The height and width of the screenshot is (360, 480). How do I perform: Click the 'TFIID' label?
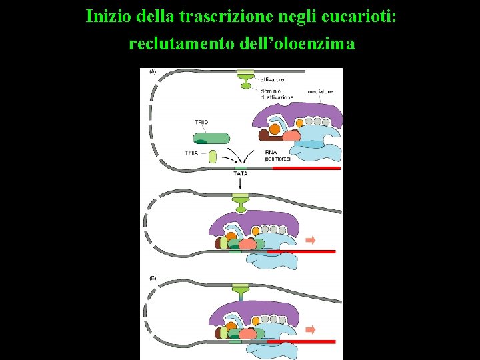(201, 123)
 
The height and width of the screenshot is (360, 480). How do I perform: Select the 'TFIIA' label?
(192, 153)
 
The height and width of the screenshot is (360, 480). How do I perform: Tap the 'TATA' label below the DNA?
(240, 174)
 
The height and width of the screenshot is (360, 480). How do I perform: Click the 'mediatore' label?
(321, 91)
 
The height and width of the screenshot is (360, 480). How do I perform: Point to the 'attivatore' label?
(273, 79)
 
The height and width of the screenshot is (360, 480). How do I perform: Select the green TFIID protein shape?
(211, 138)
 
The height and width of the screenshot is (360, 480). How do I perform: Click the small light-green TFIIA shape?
(213, 157)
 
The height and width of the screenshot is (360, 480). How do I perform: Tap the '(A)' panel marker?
(153, 71)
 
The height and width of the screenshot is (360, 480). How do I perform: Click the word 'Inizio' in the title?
(109, 16)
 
